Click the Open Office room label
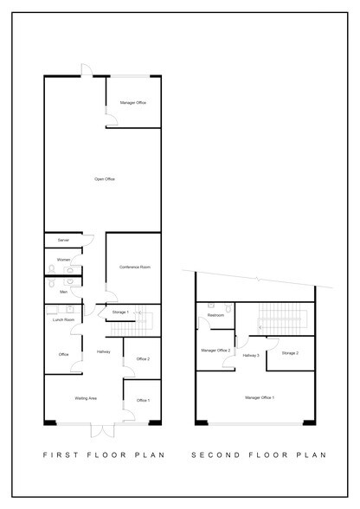pos(105,179)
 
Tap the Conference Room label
pos(134,268)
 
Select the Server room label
pos(63,240)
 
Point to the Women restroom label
pos(63,259)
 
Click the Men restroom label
pos(63,293)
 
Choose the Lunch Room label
pos(63,319)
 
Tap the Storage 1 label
pos(121,312)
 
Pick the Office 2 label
pos(143,359)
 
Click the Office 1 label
pos(143,400)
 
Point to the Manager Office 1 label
pos(260,397)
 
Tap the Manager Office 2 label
pos(215,351)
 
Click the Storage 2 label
pos(291,353)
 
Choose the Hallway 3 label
pos(251,355)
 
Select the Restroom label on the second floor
pos(216,315)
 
